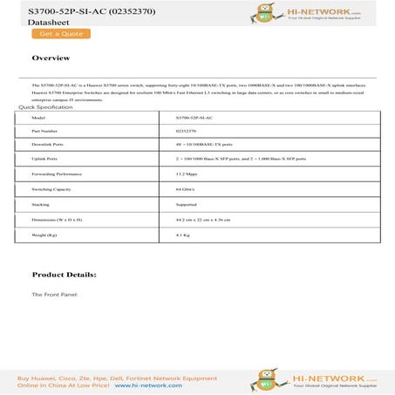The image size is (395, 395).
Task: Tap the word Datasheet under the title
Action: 33,22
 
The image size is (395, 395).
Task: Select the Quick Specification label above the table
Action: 39,106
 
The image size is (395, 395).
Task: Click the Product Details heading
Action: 64,274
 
